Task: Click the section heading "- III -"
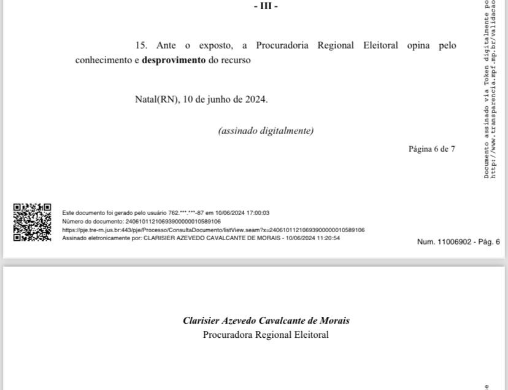[266, 6]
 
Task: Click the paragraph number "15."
[141, 45]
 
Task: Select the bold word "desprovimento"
[174, 60]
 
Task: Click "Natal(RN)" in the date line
[157, 99]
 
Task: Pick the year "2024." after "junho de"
[256, 99]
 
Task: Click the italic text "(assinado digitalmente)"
[266, 130]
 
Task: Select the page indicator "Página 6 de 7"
[432, 149]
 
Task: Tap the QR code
[32, 222]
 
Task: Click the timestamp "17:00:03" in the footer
[258, 213]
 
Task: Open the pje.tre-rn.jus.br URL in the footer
[213, 230]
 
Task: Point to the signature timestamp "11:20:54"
[328, 238]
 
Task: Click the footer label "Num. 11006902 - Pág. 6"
[458, 242]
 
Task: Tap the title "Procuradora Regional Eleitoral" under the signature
[266, 335]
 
